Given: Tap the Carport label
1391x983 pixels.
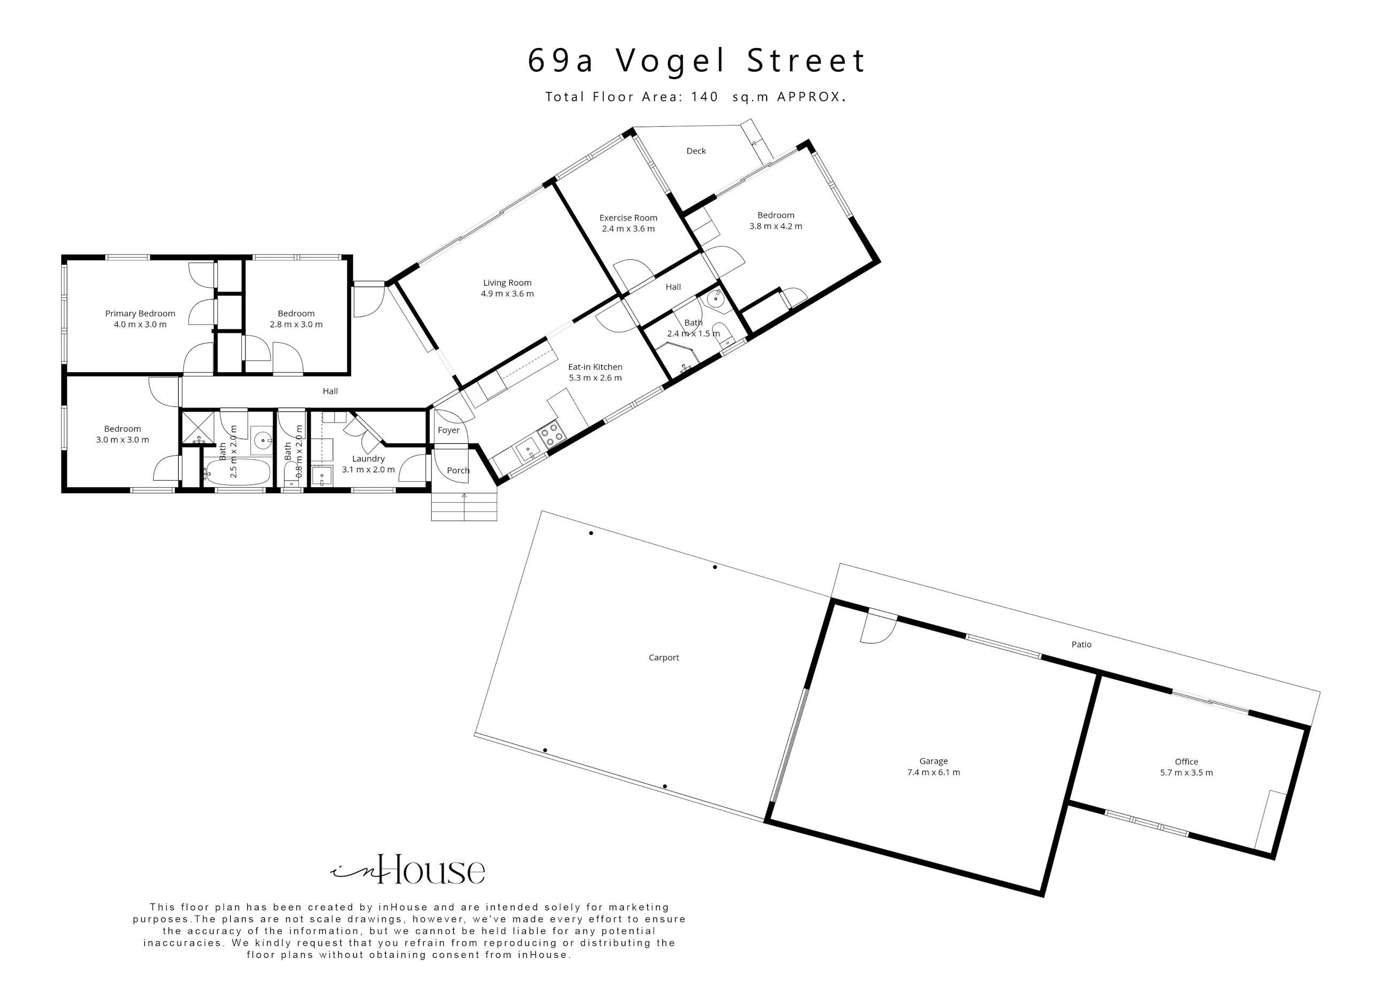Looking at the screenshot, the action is tap(663, 658).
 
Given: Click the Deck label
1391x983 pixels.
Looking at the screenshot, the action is tap(696, 151).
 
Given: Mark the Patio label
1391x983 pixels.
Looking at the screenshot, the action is tap(1081, 644).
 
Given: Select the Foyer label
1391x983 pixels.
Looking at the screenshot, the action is tap(448, 431).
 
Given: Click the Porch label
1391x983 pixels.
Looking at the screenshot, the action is tap(458, 471).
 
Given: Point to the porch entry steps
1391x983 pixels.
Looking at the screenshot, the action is tap(464, 505).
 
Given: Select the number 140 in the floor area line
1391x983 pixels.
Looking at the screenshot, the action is tap(705, 97).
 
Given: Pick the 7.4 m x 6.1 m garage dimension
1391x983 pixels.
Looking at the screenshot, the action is tap(933, 773).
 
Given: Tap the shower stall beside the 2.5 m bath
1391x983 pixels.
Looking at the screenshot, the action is tap(198, 428).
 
